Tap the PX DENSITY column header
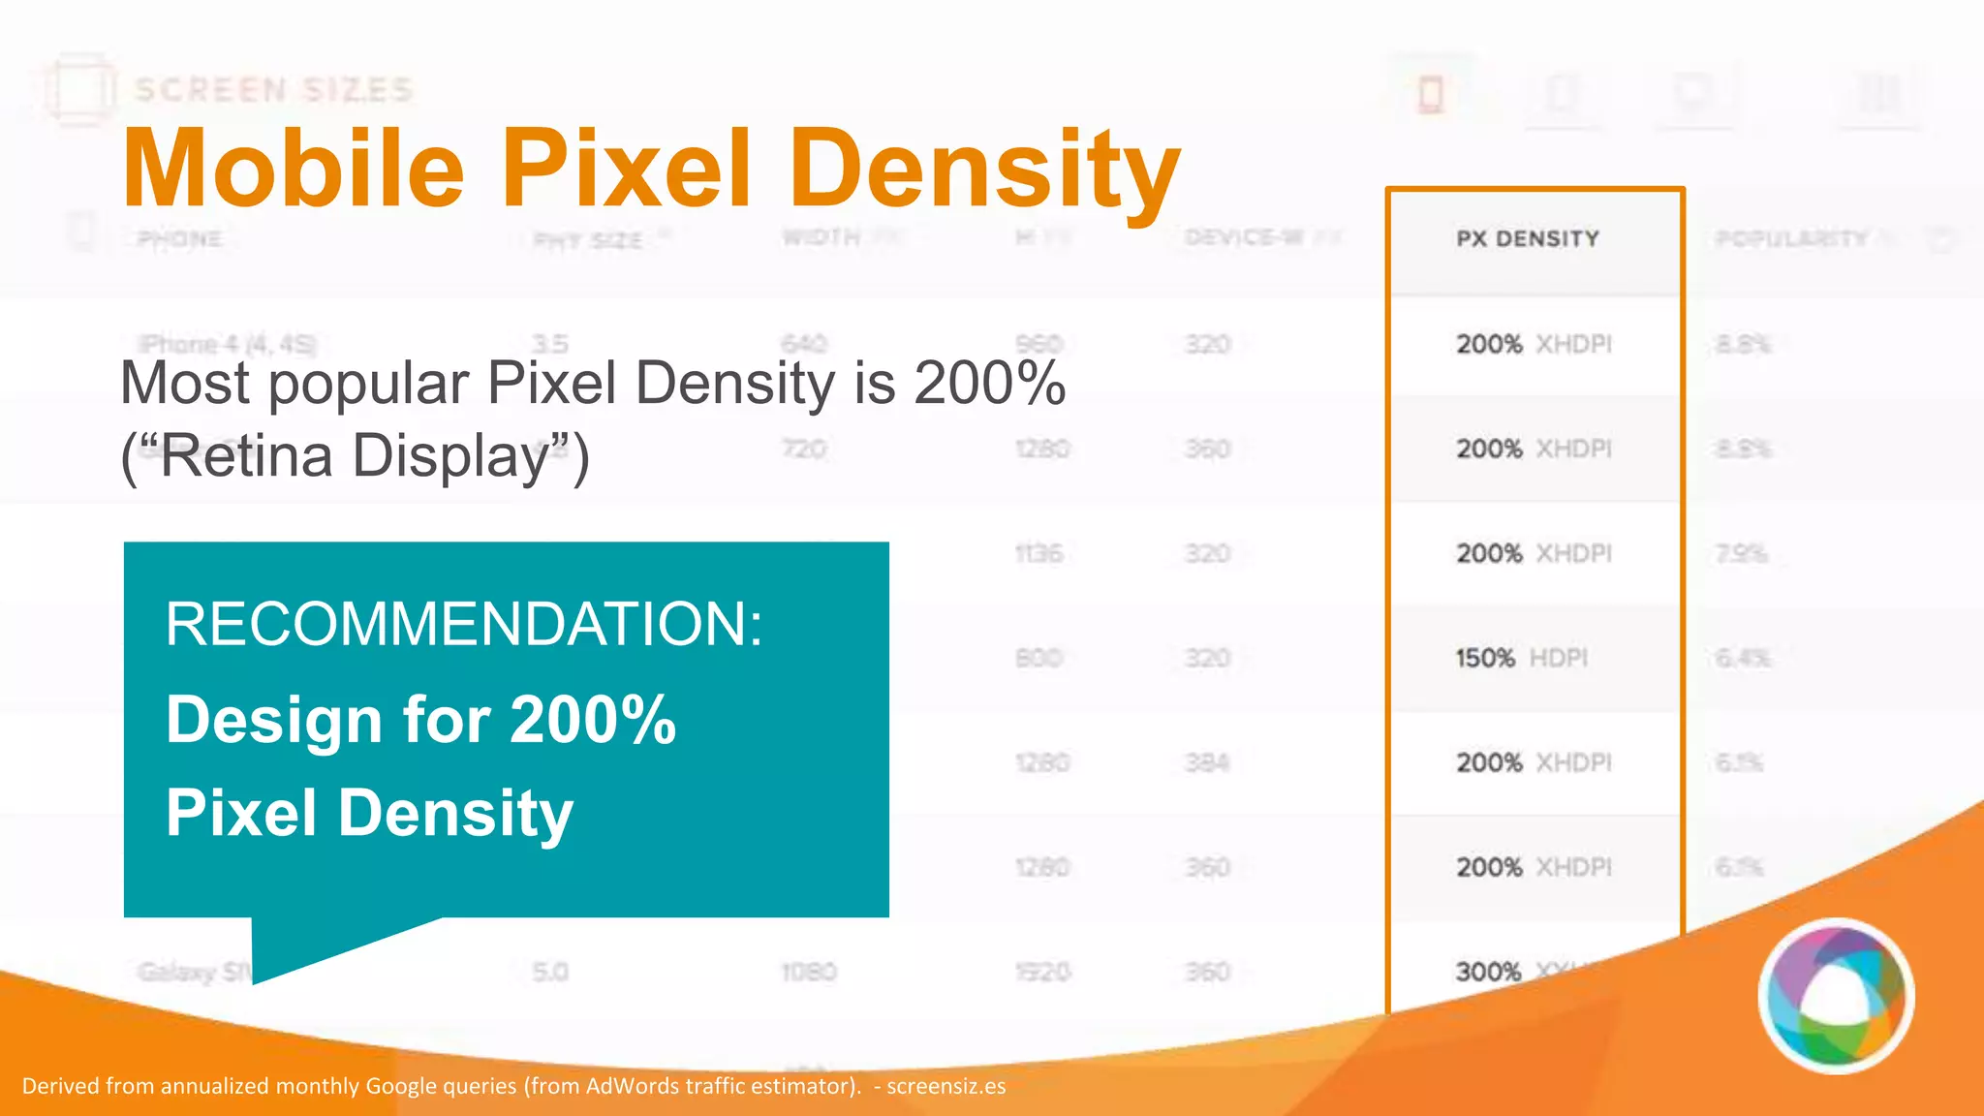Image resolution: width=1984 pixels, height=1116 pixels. [1528, 238]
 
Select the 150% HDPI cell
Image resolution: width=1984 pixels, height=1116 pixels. [1521, 659]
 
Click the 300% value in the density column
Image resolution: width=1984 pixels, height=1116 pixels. [1488, 972]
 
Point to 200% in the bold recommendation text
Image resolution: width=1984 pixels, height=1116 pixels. [593, 721]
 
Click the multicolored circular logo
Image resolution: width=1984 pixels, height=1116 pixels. [1836, 996]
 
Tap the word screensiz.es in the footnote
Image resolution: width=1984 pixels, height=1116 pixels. [945, 1086]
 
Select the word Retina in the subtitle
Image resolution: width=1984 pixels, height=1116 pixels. [246, 456]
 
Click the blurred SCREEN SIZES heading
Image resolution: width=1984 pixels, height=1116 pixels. [273, 90]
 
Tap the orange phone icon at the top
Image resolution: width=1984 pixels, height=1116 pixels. [1431, 95]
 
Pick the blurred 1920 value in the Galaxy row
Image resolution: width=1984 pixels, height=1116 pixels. [1041, 972]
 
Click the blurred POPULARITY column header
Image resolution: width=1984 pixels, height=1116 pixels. [1791, 238]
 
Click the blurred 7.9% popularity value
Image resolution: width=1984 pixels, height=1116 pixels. [1741, 554]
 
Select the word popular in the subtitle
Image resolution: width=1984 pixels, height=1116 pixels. [368, 384]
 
